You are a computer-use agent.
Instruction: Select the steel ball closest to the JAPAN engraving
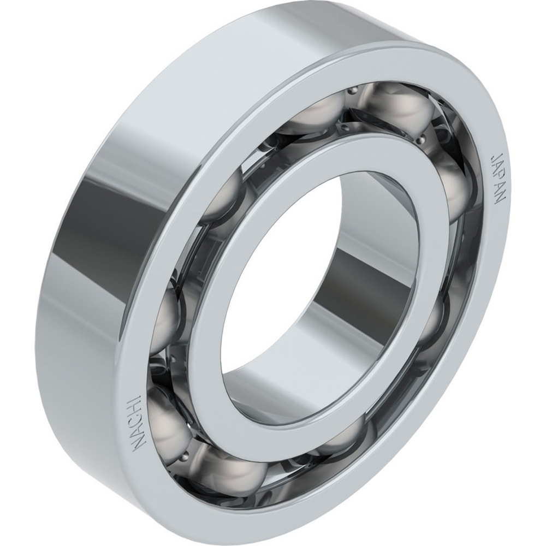click(x=456, y=188)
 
